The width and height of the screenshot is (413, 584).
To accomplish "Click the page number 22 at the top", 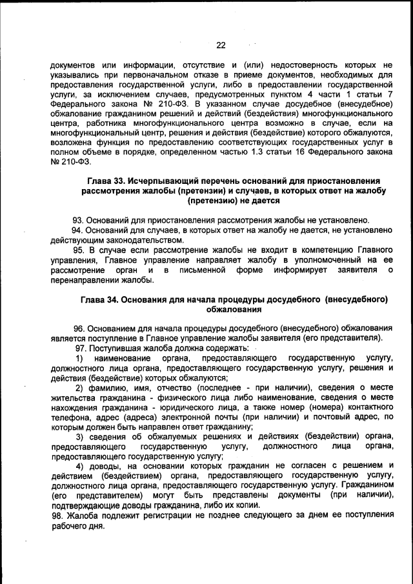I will (x=220, y=45).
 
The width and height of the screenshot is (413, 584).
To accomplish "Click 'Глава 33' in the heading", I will (x=106, y=180).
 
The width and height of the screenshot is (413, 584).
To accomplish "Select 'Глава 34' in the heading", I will (x=100, y=300).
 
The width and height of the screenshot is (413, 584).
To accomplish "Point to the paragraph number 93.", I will (x=78, y=219).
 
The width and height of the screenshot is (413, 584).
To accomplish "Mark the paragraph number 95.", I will (x=78, y=249).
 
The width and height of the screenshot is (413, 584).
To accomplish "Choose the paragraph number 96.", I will (x=78, y=328).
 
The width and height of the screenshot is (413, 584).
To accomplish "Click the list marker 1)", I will (x=79, y=357).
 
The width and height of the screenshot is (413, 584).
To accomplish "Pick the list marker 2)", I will (x=79, y=387).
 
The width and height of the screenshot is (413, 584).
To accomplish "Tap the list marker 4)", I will (x=79, y=466).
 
